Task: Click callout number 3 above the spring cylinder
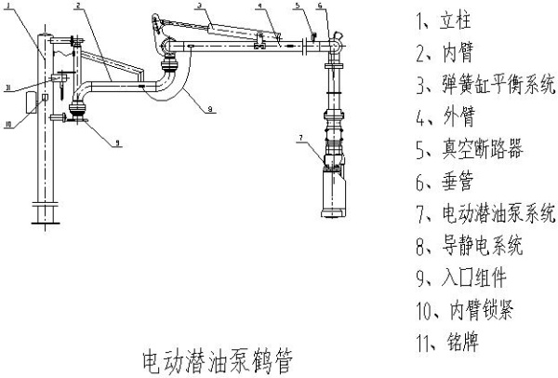(198, 7)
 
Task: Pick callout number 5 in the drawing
(296, 7)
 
